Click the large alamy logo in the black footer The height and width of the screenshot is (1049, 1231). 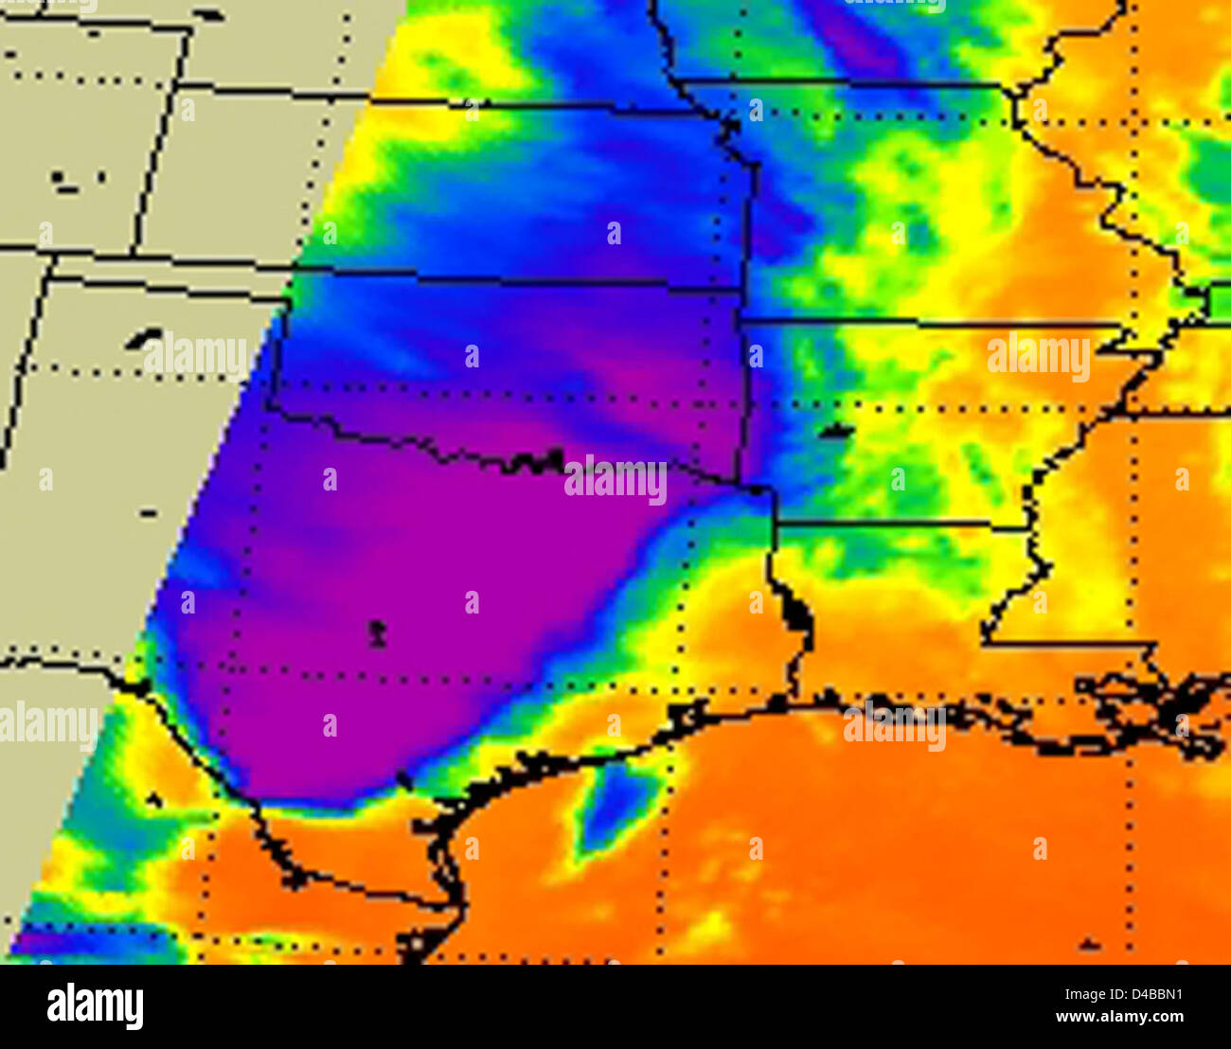(95, 1006)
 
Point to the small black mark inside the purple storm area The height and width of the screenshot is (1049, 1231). (377, 632)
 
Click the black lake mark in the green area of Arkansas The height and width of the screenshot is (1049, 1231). (835, 432)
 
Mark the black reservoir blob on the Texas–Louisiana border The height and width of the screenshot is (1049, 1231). (795, 615)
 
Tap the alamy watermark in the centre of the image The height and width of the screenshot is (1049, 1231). (615, 480)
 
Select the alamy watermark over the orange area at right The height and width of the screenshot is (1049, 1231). (1038, 356)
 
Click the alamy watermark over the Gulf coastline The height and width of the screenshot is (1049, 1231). (894, 726)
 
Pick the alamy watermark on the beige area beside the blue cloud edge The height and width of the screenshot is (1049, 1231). (197, 357)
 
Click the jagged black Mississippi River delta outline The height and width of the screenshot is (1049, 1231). (1155, 705)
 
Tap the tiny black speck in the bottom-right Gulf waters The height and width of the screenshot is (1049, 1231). (1089, 944)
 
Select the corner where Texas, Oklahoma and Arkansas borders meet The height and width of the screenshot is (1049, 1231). (758, 489)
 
